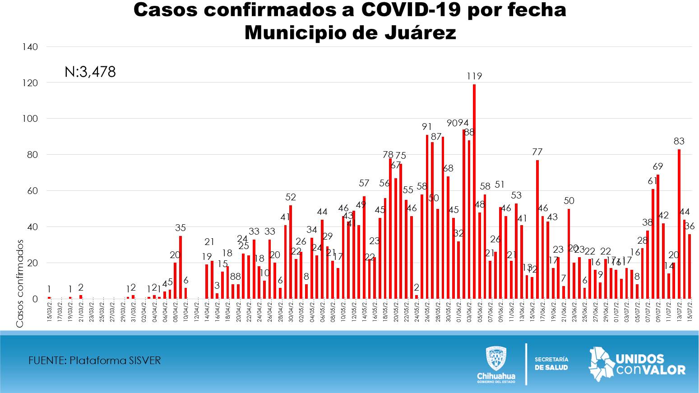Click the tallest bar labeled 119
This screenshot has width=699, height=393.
474,191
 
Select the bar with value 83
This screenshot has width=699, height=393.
679,224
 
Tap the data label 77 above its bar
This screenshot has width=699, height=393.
537,152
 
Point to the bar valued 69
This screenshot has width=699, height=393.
658,236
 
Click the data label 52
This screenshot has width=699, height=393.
291,197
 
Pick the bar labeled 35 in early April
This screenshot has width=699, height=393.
181,267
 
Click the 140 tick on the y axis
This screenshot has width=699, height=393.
30,47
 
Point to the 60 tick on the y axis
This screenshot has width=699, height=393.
32,191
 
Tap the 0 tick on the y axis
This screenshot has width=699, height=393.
35,299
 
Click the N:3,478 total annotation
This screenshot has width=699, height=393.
90,72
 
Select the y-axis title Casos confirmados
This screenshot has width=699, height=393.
20,283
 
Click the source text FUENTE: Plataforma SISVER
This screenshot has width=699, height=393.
94,361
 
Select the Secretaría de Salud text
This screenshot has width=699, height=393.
551,363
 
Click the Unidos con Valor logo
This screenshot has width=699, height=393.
637,365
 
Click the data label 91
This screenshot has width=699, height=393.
427,127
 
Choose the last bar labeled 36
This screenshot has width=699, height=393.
690,266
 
